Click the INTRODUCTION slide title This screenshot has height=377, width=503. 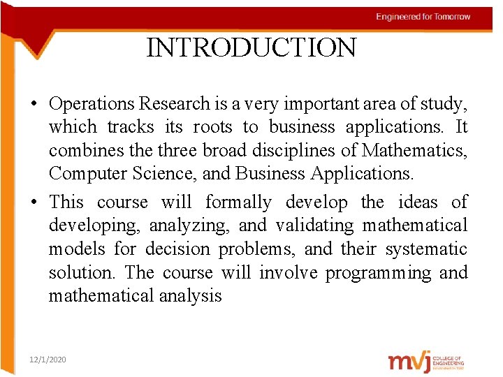point(251,47)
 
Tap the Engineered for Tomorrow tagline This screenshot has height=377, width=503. point(423,17)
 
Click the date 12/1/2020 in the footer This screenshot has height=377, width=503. point(48,359)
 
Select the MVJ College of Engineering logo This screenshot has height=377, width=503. point(425,362)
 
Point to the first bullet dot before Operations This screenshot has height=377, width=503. point(34,105)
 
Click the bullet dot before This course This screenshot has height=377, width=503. point(34,203)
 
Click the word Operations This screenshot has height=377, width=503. point(92,104)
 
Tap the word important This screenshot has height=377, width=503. point(311,104)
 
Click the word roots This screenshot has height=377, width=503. point(212,127)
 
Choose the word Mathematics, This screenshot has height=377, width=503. point(421,151)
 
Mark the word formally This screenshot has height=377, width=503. point(238,202)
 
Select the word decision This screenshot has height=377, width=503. point(177,249)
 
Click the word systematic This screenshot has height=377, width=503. point(425,249)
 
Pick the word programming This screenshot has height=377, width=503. point(381,273)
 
